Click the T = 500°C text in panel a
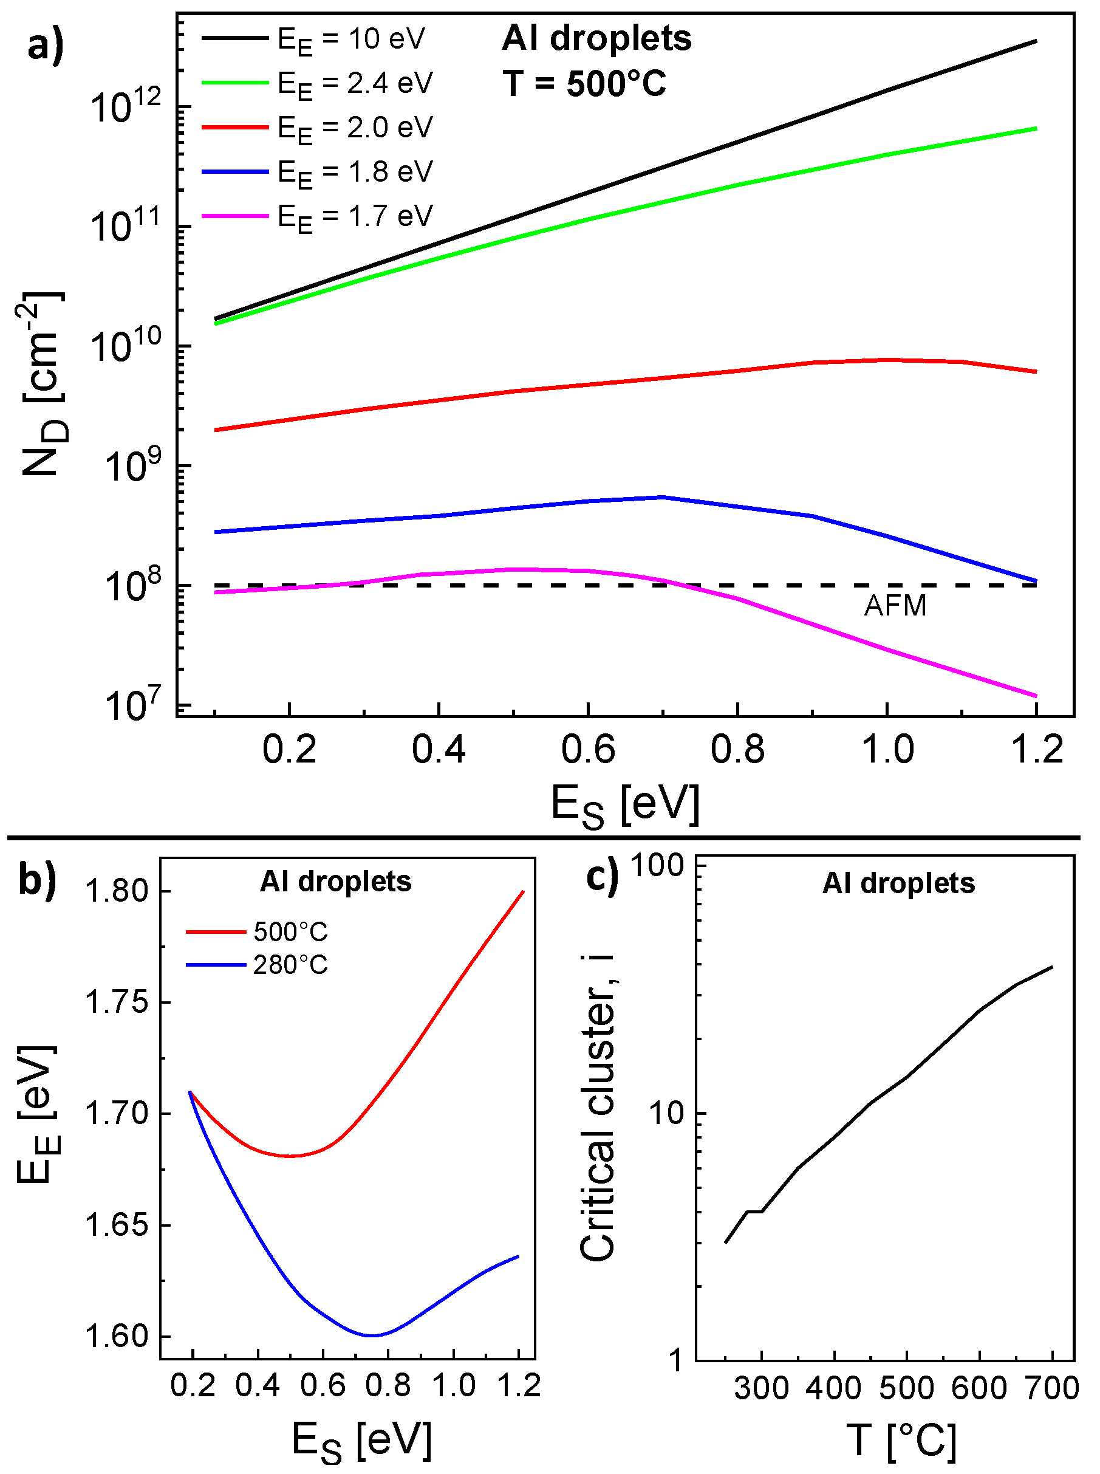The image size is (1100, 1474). click(584, 84)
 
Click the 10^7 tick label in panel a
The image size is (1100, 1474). click(125, 705)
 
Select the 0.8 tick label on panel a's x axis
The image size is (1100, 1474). click(737, 749)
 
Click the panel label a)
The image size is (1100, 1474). click(46, 47)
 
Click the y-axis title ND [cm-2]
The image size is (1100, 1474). click(44, 385)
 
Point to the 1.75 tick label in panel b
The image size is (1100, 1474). click(117, 1003)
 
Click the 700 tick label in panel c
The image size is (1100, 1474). click(1051, 1389)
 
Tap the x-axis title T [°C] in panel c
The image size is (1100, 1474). click(902, 1441)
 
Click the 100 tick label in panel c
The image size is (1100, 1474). click(657, 865)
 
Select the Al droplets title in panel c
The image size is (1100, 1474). click(898, 883)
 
